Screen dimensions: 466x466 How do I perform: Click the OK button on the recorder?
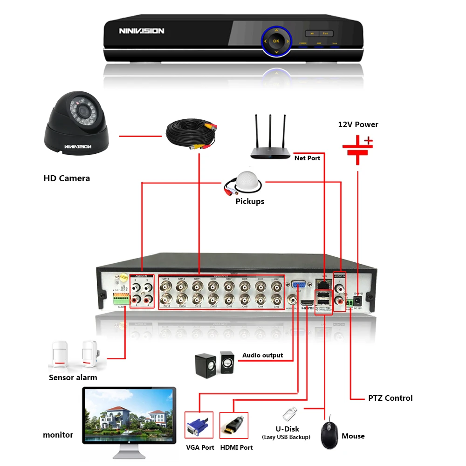click(x=276, y=41)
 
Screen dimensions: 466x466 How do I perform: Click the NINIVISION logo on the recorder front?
click(x=141, y=31)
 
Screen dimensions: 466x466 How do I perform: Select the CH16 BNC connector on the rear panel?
click(x=165, y=299)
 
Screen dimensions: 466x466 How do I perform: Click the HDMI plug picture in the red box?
click(x=233, y=425)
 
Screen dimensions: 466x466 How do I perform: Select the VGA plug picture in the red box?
click(x=199, y=425)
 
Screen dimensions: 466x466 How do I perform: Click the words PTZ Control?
click(x=390, y=398)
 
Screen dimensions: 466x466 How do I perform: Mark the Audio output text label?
click(x=262, y=355)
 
